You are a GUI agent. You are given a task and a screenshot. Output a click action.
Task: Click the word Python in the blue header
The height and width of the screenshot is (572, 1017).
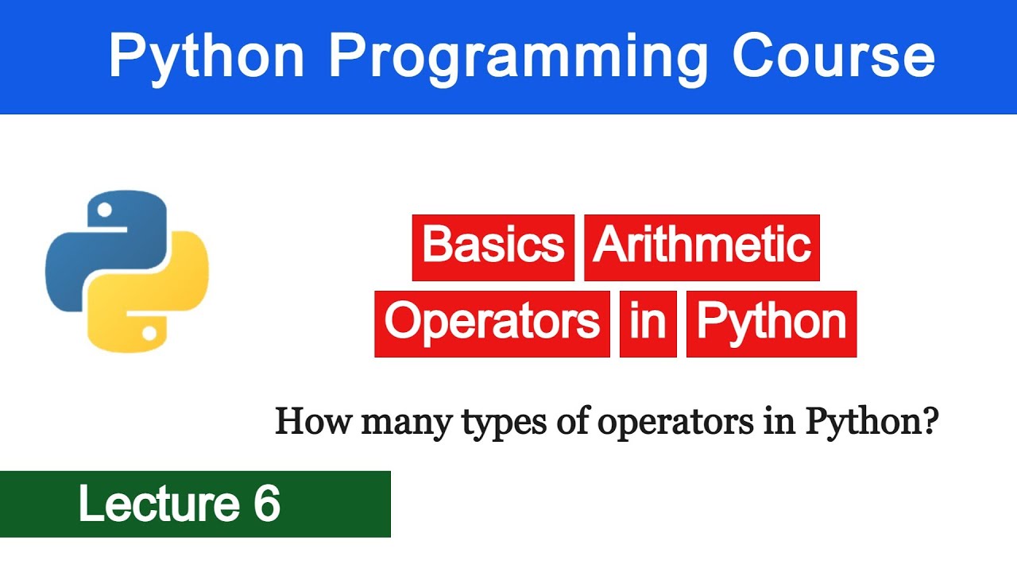[207, 57]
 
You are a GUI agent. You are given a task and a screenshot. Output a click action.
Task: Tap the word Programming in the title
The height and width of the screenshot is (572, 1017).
[518, 57]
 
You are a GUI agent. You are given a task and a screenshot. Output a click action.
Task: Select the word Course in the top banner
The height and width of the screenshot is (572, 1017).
[833, 57]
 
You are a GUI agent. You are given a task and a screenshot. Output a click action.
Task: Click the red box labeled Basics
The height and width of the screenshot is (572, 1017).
[493, 247]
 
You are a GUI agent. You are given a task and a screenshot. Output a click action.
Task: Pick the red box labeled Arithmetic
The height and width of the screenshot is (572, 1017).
[702, 247]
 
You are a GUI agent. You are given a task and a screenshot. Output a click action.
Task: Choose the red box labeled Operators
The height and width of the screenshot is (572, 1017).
[492, 323]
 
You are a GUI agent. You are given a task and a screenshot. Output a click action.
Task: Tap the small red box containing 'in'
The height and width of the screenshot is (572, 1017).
[648, 323]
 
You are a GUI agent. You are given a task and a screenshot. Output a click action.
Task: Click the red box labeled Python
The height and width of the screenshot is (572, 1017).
[771, 323]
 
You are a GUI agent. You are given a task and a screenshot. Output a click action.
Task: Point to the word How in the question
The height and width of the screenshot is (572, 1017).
[314, 422]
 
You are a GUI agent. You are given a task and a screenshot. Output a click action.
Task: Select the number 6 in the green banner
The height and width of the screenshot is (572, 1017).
[267, 504]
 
